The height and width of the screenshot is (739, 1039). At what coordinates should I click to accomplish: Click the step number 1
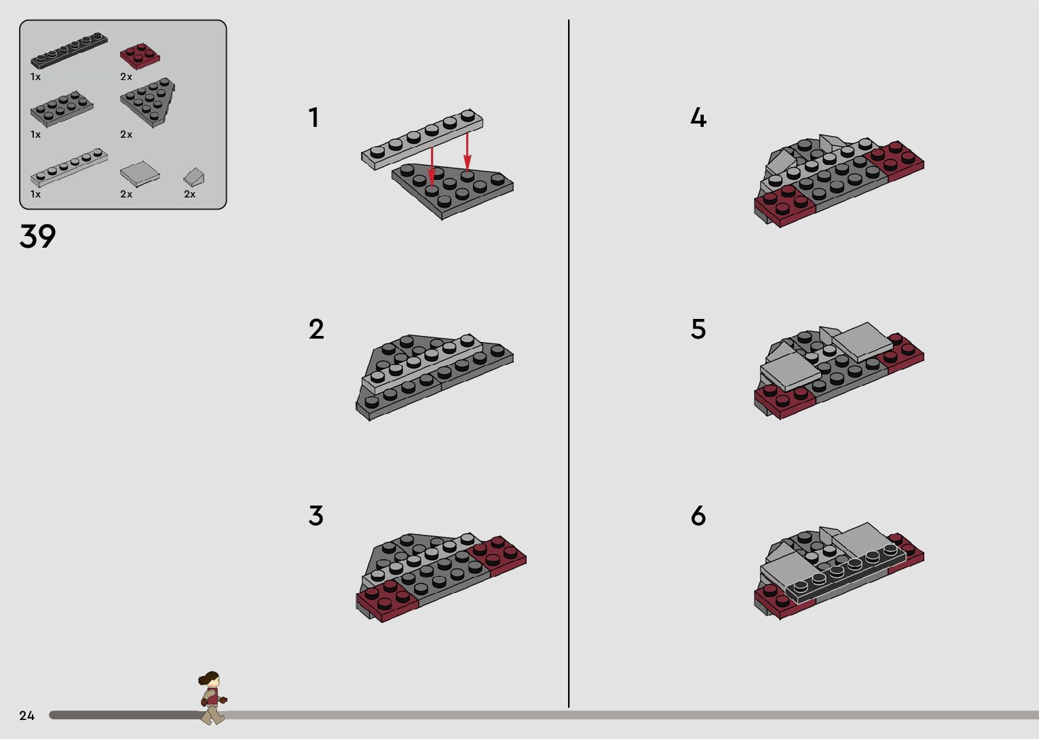pyautogui.click(x=314, y=117)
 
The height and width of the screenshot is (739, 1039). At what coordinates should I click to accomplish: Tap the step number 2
pyautogui.click(x=316, y=329)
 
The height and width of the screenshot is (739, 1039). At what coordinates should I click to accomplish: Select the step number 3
pyautogui.click(x=316, y=515)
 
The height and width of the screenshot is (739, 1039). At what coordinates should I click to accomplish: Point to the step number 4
pyautogui.click(x=698, y=117)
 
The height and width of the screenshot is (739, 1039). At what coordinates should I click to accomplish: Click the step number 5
pyautogui.click(x=698, y=329)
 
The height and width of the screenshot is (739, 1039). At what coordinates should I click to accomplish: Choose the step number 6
pyautogui.click(x=698, y=515)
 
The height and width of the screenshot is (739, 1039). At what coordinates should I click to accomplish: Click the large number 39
pyautogui.click(x=37, y=236)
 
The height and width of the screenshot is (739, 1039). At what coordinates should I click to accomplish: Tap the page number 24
pyautogui.click(x=27, y=715)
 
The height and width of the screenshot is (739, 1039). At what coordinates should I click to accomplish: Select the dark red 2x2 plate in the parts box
pyautogui.click(x=140, y=56)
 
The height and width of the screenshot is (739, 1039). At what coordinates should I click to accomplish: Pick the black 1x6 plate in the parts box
pyautogui.click(x=69, y=50)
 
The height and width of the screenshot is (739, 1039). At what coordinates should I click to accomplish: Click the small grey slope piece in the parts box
pyautogui.click(x=194, y=176)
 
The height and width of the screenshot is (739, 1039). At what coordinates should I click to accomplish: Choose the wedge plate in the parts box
pyautogui.click(x=148, y=102)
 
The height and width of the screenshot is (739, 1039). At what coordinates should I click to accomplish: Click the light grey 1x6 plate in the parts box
pyautogui.click(x=69, y=167)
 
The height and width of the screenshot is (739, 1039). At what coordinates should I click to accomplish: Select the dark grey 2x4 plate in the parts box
pyautogui.click(x=62, y=109)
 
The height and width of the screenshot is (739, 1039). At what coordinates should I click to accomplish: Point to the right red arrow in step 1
pyautogui.click(x=467, y=152)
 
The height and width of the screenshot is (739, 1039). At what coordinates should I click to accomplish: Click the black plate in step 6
pyautogui.click(x=845, y=573)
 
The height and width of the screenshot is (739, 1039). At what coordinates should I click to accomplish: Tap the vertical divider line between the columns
pyautogui.click(x=569, y=363)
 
